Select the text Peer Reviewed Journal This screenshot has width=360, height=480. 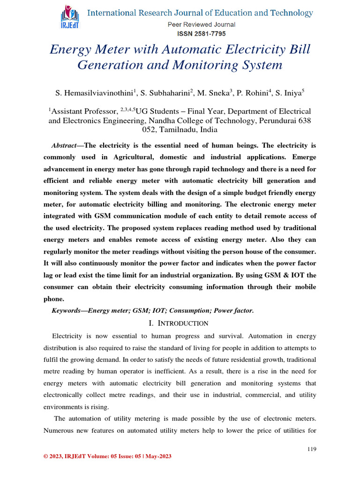(x=200, y=24)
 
